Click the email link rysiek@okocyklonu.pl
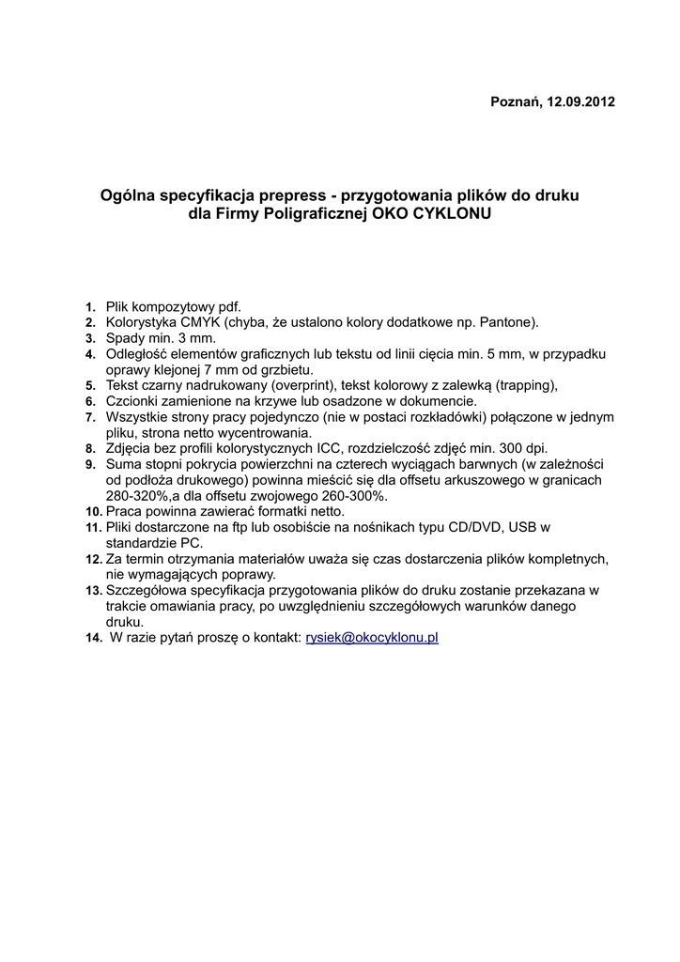click(x=373, y=638)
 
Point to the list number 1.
click(x=90, y=307)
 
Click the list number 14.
click(x=92, y=639)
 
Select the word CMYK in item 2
click(x=196, y=322)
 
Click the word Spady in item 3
click(x=125, y=338)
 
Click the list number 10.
click(x=92, y=512)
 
